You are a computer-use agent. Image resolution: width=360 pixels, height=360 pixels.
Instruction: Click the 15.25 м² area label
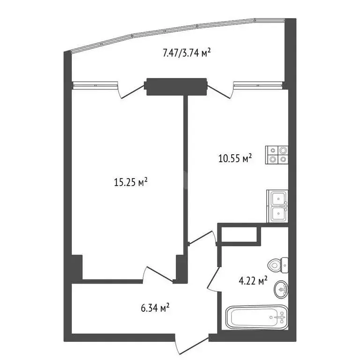pos(131,182)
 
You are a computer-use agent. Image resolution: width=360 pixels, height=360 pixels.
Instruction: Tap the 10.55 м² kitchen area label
pos(235,158)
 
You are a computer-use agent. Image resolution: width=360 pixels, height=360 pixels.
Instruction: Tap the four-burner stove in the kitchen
pos(277,155)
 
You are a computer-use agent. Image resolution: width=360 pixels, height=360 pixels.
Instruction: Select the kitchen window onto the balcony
pos(258,85)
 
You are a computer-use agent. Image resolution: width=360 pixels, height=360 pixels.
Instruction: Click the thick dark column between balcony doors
pos(176,86)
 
